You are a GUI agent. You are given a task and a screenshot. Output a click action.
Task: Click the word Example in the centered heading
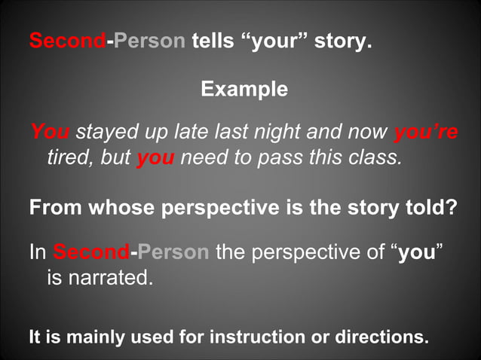click(244, 90)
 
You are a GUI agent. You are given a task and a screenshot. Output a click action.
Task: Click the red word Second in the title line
click(67, 41)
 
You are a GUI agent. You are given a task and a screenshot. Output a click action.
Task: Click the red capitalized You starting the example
click(50, 133)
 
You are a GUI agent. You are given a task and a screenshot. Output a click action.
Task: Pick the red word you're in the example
click(426, 133)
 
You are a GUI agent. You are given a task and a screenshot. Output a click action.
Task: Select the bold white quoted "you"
click(417, 252)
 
